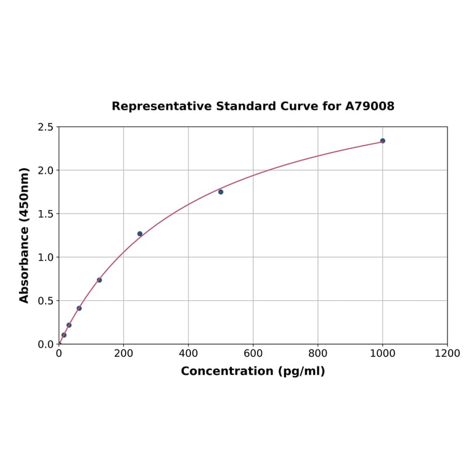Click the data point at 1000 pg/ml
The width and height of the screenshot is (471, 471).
[382, 141]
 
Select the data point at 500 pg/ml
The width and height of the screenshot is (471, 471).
[221, 192]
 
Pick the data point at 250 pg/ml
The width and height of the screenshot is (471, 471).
[140, 234]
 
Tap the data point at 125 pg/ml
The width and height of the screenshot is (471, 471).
[99, 280]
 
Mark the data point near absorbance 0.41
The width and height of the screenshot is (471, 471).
[79, 308]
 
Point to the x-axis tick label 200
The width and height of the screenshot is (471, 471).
[123, 354]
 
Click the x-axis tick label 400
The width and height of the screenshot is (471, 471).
[188, 354]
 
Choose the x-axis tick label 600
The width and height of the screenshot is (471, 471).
[253, 354]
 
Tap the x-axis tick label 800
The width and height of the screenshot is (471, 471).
[317, 354]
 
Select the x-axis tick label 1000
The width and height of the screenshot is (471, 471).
[382, 354]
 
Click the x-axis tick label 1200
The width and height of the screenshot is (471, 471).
[447, 354]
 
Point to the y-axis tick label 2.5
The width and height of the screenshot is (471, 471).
[45, 127]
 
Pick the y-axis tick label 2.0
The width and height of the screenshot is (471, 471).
[45, 170]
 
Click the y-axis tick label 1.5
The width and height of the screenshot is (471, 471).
[45, 214]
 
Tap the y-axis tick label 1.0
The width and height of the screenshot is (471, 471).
[45, 257]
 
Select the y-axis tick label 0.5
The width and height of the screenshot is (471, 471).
[45, 301]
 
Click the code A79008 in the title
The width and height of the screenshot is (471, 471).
[369, 107]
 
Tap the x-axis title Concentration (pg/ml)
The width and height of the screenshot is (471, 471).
[253, 371]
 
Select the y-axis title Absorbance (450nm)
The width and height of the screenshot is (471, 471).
[25, 235]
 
